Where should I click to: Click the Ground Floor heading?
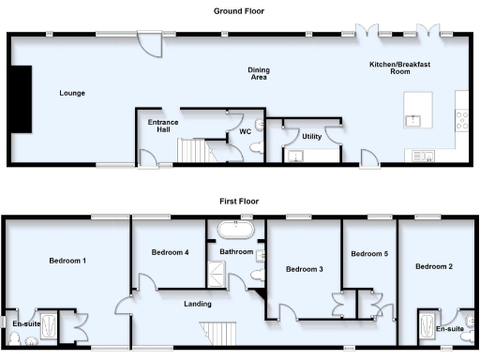238,11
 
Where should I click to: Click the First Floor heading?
238,201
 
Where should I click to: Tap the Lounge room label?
72,93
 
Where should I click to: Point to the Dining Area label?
259,73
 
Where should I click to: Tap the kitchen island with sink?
415,110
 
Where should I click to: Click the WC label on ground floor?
246,132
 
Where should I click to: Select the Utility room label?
311,137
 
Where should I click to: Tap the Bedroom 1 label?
68,261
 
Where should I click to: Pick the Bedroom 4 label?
171,252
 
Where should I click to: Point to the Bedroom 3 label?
305,269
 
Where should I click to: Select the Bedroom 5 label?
368,253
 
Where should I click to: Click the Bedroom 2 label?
434,266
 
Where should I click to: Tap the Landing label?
198,304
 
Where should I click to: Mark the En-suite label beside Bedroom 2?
451,329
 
